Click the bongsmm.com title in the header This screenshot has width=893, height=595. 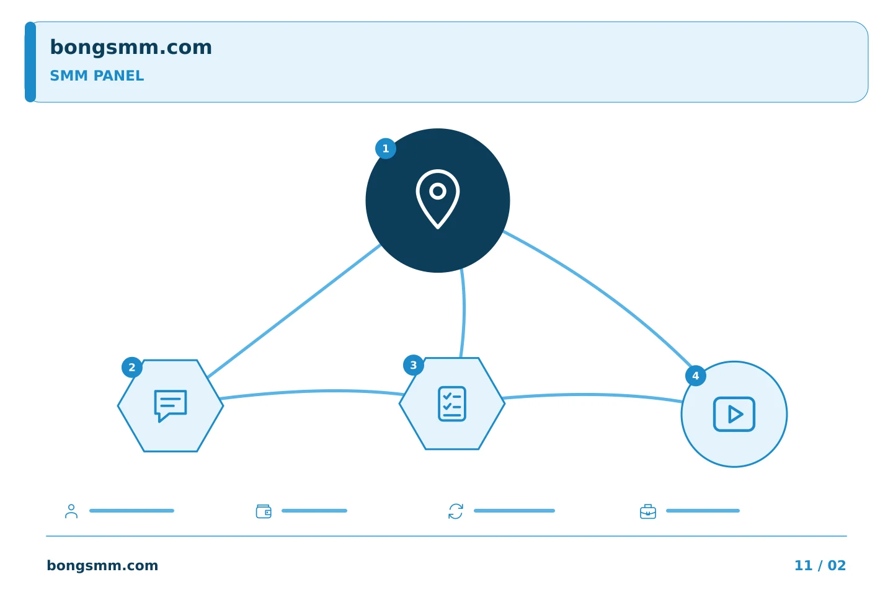[131, 48]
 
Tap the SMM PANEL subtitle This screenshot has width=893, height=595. [97, 76]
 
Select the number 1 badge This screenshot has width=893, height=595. [386, 149]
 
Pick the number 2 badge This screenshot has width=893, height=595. [132, 368]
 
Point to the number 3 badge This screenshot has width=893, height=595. [414, 365]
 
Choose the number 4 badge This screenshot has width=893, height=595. [696, 376]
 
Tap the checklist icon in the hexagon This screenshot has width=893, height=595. [452, 403]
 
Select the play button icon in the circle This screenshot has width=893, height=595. [734, 414]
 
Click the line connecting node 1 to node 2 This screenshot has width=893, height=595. [294, 311]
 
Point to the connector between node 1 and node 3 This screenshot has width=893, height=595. [464, 313]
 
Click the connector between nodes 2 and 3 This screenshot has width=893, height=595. [313, 391]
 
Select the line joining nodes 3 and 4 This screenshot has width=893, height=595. [593, 395]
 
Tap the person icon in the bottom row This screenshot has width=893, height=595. [71, 511]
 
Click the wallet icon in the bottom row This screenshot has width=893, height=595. [264, 511]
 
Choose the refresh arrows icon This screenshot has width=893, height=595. [456, 511]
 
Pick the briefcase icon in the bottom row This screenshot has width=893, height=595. [648, 512]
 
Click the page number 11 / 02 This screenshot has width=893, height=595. [820, 565]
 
